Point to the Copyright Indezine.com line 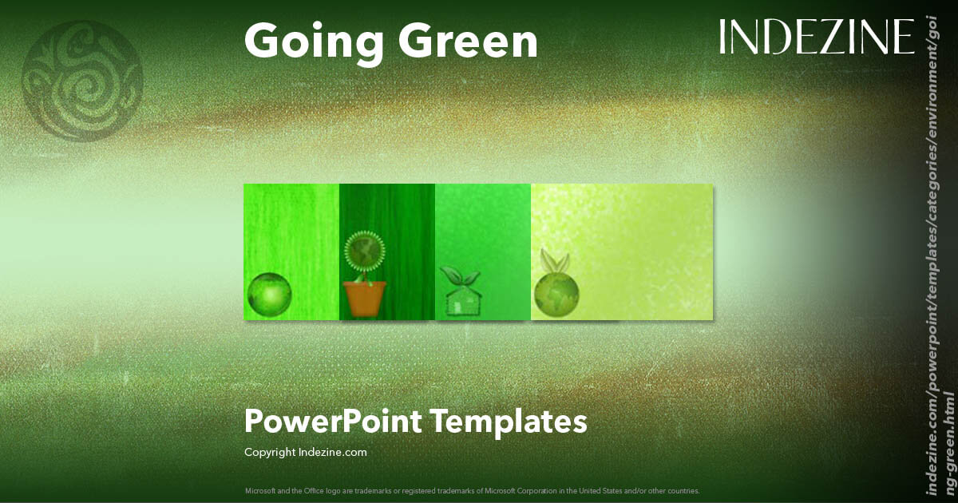pos(305,452)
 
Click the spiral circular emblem pos(82,81)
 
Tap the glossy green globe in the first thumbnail pos(268,294)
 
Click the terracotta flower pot pos(366,298)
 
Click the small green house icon pos(461,301)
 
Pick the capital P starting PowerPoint pos(253,421)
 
